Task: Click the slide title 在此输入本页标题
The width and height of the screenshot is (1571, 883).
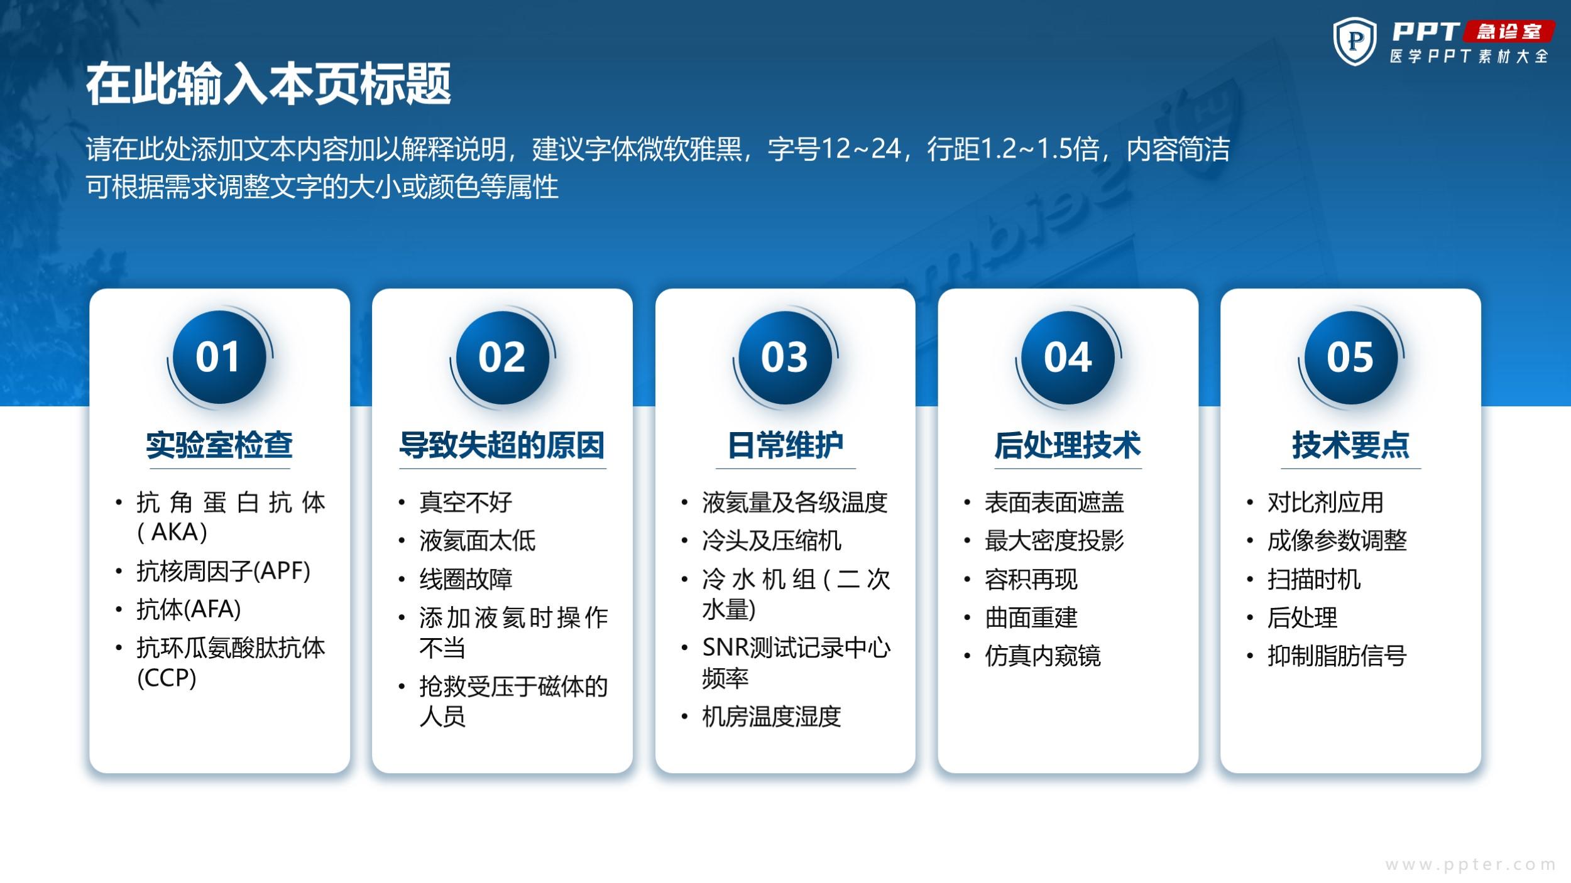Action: click(x=268, y=84)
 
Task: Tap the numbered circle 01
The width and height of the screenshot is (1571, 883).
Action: click(x=219, y=357)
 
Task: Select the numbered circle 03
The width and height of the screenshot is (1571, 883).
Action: click(x=785, y=357)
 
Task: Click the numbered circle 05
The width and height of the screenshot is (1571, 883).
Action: click(x=1351, y=357)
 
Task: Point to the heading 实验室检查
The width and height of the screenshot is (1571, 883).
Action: click(x=219, y=445)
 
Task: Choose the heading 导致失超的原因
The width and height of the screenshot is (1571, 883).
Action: click(x=502, y=445)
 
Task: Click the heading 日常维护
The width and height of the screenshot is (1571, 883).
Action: click(x=785, y=445)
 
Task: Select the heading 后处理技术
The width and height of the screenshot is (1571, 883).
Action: click(x=1068, y=445)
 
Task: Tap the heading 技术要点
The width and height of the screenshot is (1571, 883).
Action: click(x=1351, y=445)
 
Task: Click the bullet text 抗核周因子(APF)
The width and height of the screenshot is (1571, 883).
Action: click(x=224, y=571)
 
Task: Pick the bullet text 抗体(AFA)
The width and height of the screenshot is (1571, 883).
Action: click(x=189, y=609)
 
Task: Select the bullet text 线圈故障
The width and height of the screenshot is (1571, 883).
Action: click(x=466, y=579)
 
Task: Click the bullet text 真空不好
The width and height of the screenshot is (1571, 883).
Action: click(x=466, y=502)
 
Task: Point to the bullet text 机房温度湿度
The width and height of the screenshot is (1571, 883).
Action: click(x=772, y=717)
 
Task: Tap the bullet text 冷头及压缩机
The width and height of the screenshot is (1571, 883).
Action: click(x=772, y=541)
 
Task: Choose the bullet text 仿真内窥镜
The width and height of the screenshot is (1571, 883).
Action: click(x=1043, y=656)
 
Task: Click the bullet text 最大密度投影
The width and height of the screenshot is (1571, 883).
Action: click(x=1054, y=541)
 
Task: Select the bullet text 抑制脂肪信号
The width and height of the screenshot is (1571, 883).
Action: click(x=1337, y=656)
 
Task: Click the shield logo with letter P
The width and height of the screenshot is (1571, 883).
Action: click(x=1355, y=41)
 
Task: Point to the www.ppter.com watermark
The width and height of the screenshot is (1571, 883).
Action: click(x=1470, y=865)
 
